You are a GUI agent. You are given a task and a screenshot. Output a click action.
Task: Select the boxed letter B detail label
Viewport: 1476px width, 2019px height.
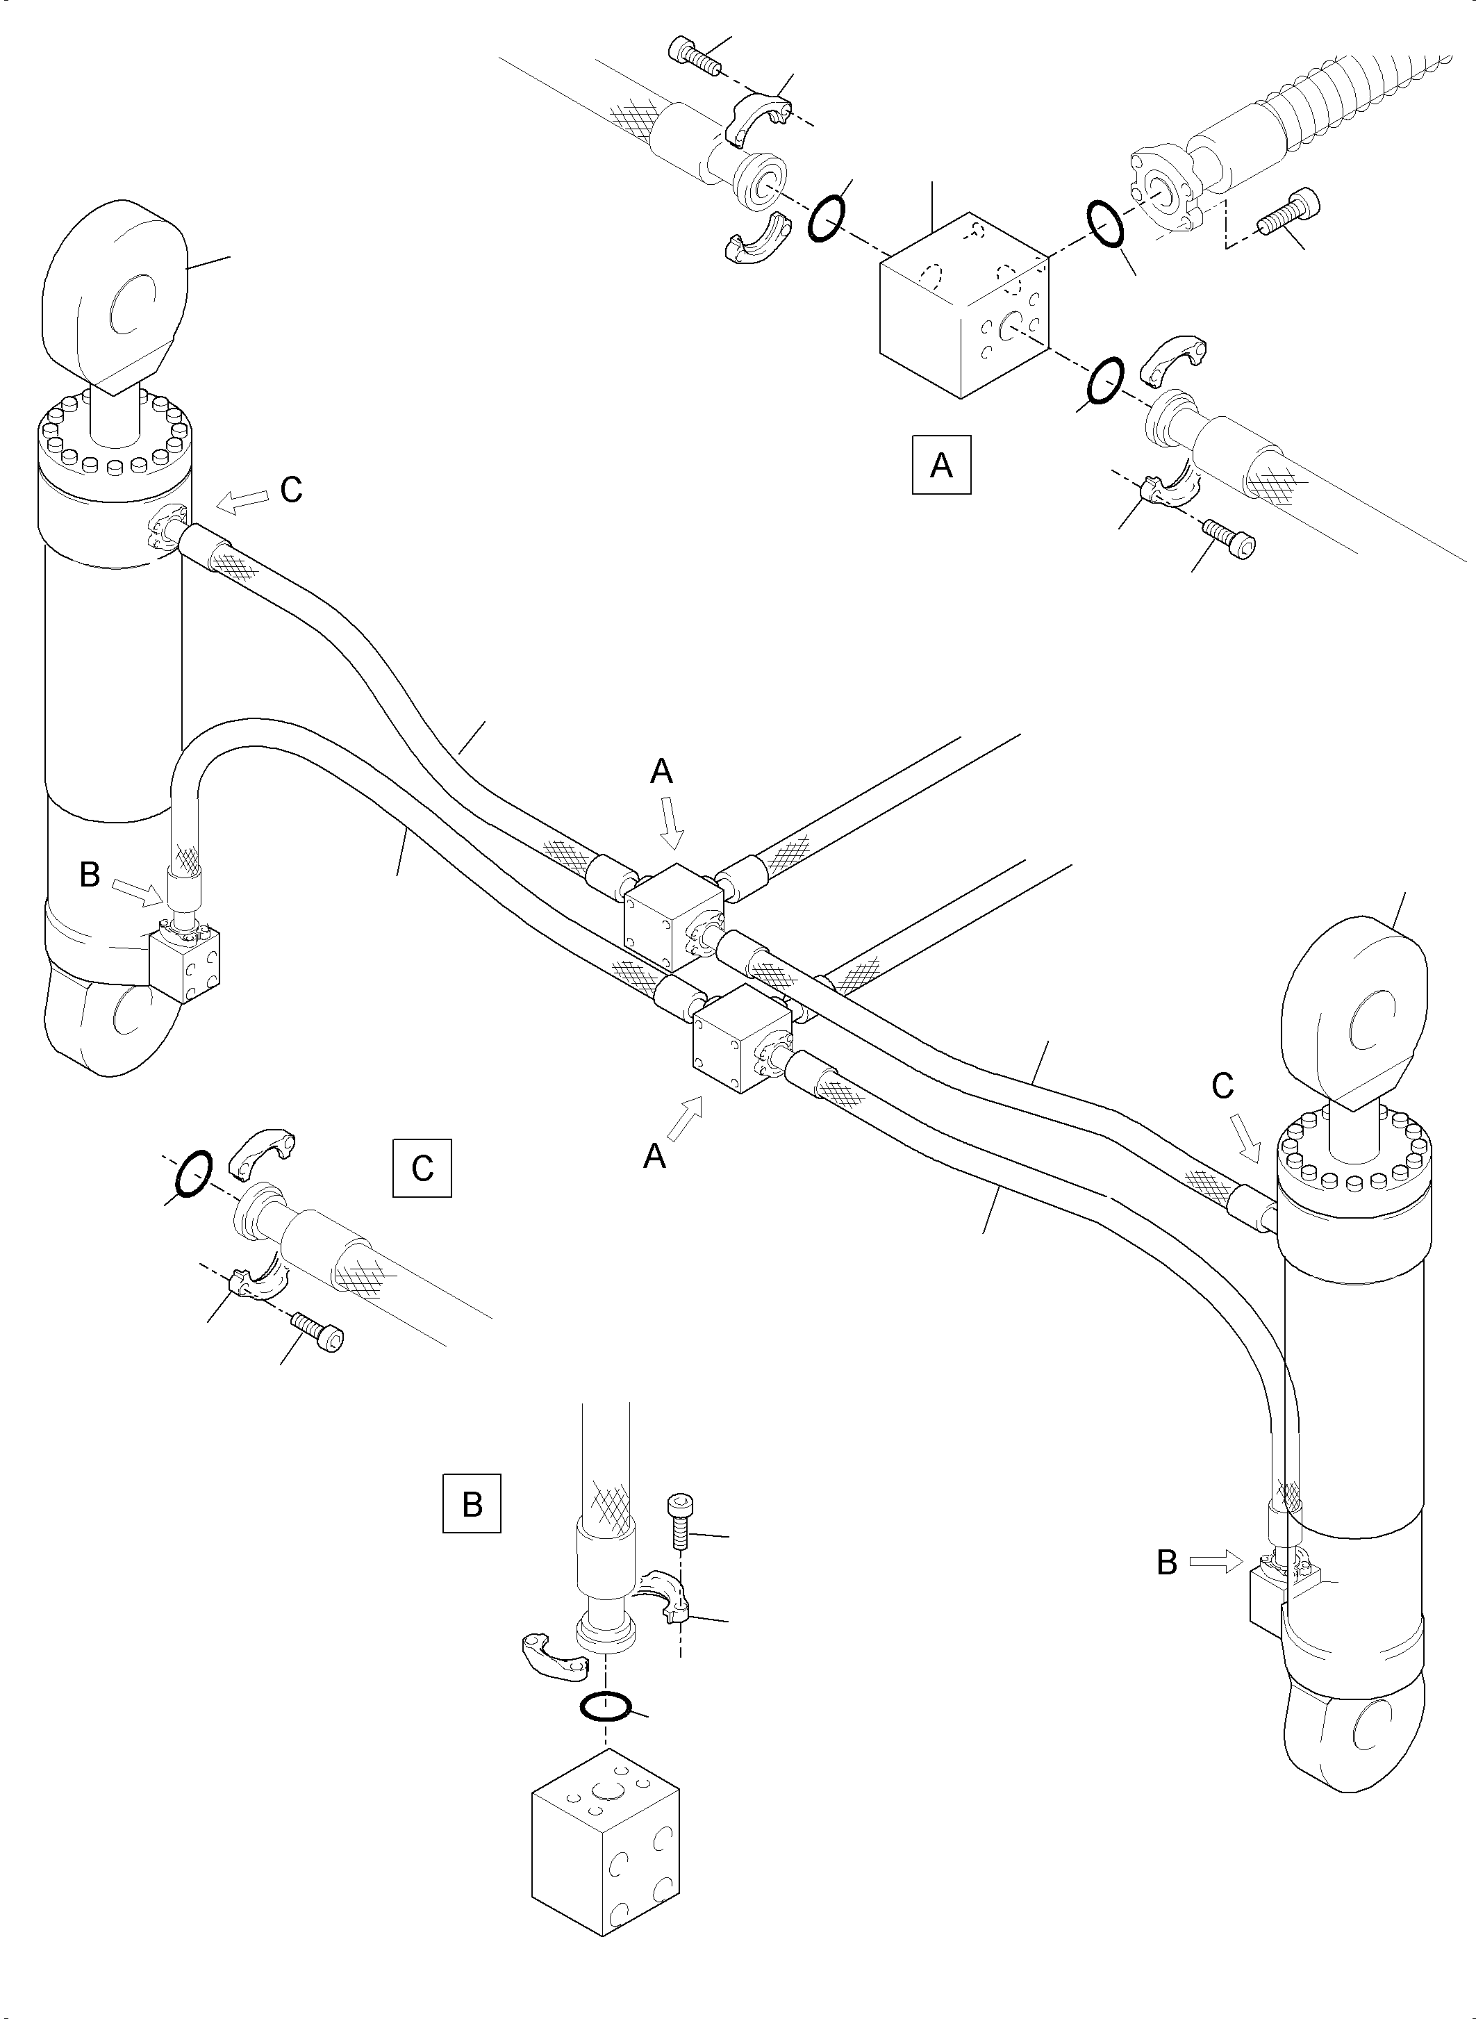(x=472, y=1503)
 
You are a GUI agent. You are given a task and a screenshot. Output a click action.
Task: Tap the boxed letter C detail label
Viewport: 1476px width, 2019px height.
(x=422, y=1167)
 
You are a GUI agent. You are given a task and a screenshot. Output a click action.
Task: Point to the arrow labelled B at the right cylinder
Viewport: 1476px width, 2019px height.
(x=1216, y=1561)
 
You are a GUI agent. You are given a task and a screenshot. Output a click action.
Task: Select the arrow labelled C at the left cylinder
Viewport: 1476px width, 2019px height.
(x=242, y=502)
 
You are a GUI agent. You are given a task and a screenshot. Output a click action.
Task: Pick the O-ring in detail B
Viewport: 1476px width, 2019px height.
(x=606, y=1706)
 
